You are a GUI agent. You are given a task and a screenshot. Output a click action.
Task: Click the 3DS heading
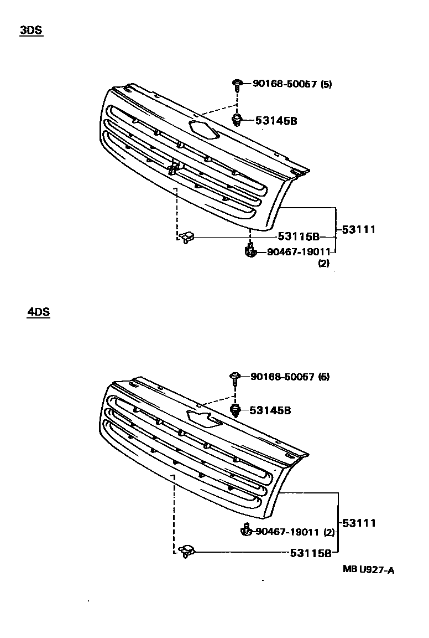[31, 31]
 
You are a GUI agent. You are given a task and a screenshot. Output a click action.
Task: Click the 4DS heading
[38, 312]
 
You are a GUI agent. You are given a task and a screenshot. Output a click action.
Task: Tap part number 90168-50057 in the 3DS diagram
[284, 84]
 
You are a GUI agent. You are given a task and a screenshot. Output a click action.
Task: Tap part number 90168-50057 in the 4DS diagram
[282, 377]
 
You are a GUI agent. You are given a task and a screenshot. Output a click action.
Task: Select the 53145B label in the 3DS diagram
[276, 121]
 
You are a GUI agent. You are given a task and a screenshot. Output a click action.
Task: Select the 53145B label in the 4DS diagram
[270, 410]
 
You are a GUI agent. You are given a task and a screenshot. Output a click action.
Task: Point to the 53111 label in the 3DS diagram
[358, 229]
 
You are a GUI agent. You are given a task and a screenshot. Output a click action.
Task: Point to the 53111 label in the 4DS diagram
[359, 522]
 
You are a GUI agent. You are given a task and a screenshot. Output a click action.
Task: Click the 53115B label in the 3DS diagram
[299, 237]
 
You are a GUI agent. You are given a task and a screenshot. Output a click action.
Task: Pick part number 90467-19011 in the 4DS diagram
[287, 532]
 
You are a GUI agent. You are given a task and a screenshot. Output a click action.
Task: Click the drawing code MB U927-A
[368, 570]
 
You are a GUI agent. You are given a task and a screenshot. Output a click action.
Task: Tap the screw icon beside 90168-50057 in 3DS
[237, 85]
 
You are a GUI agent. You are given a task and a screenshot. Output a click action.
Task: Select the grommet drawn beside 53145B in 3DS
[237, 120]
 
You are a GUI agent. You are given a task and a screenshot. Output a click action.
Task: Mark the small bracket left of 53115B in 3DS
[187, 237]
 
